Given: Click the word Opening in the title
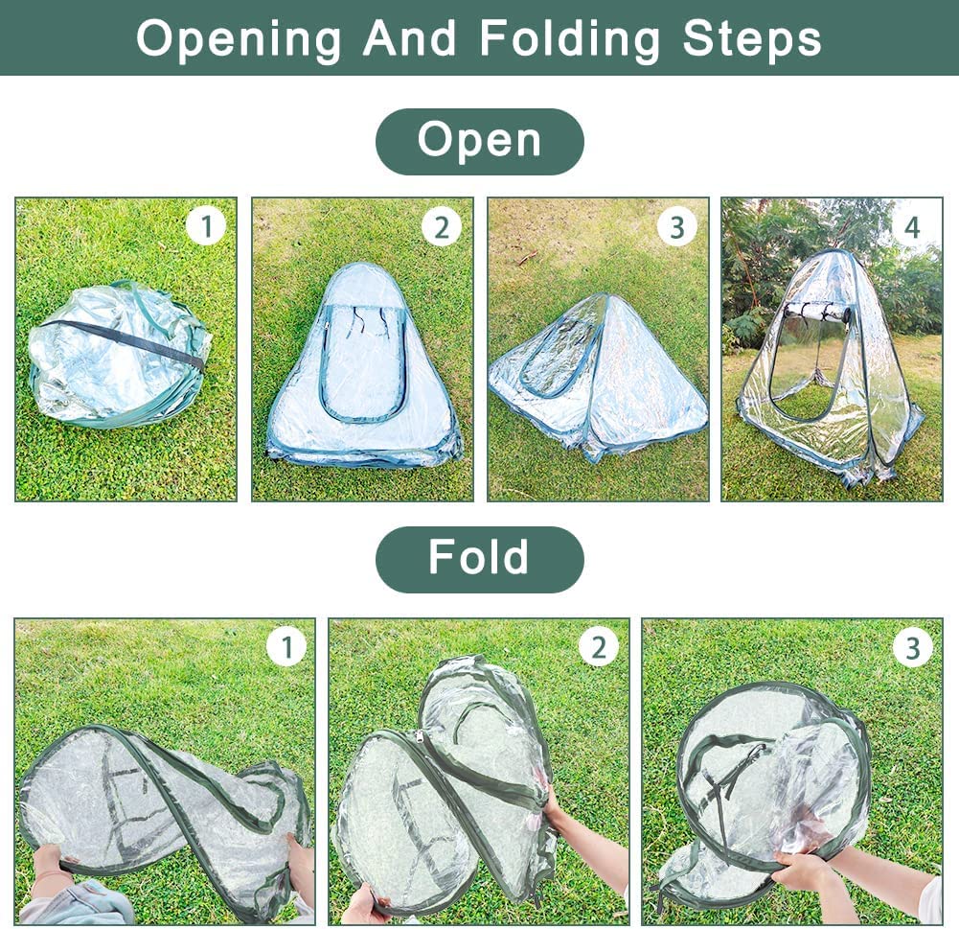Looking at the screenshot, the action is pyautogui.click(x=239, y=39).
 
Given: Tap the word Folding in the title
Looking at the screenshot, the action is pyautogui.click(x=569, y=39).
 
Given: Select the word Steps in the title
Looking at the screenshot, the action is pyautogui.click(x=752, y=38).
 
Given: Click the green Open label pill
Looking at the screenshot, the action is pyautogui.click(x=479, y=141).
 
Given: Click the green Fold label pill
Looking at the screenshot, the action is pyautogui.click(x=479, y=559).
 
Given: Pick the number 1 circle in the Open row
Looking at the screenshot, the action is pyautogui.click(x=206, y=226).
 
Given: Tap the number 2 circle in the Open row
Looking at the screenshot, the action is pyautogui.click(x=442, y=227).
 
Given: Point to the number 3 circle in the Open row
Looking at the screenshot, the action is pyautogui.click(x=677, y=227).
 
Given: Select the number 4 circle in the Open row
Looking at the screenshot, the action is pyautogui.click(x=912, y=227).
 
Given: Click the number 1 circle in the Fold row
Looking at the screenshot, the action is pyautogui.click(x=286, y=647).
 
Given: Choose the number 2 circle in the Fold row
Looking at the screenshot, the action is pyautogui.click(x=598, y=647).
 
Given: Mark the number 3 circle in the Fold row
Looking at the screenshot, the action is pyautogui.click(x=912, y=648).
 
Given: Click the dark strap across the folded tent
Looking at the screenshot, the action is pyautogui.click(x=123, y=342).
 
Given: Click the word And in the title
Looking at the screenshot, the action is pyautogui.click(x=410, y=38).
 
